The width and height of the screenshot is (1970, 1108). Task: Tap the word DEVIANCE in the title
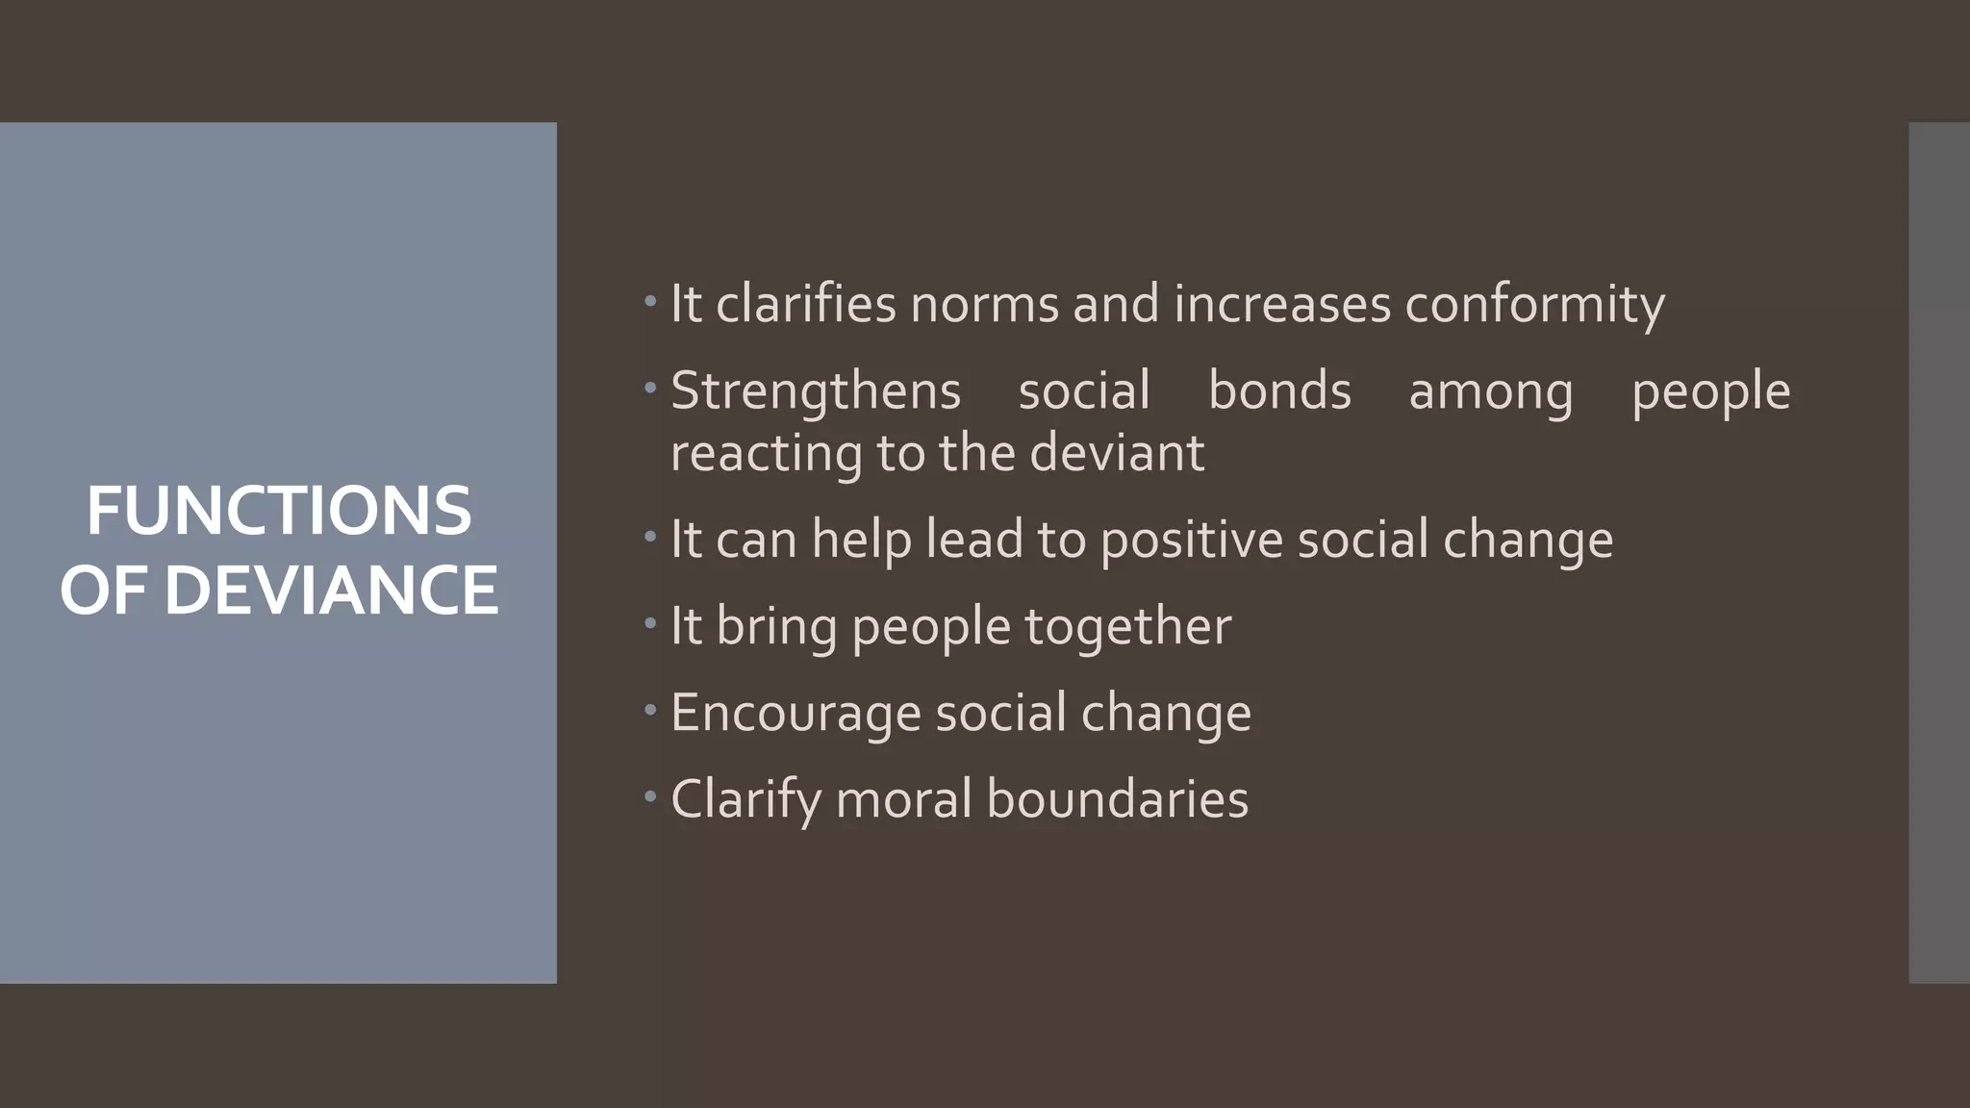(x=331, y=590)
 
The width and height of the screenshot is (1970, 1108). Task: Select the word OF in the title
(x=105, y=590)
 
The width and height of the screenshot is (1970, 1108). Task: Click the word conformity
(x=1534, y=305)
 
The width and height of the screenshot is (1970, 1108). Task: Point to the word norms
(x=984, y=304)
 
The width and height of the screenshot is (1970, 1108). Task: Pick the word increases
(x=1282, y=304)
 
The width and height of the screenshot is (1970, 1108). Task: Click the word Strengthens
(x=816, y=391)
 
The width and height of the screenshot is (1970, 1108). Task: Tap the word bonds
(x=1279, y=390)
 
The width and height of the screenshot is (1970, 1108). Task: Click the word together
(x=1127, y=627)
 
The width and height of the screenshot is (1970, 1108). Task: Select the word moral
(x=903, y=799)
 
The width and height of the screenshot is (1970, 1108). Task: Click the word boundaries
(x=1117, y=799)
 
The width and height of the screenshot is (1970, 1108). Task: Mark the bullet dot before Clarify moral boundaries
(x=650, y=796)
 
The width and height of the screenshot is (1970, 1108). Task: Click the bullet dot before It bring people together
(x=650, y=623)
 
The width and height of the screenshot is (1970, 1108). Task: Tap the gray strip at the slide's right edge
(x=1939, y=552)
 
